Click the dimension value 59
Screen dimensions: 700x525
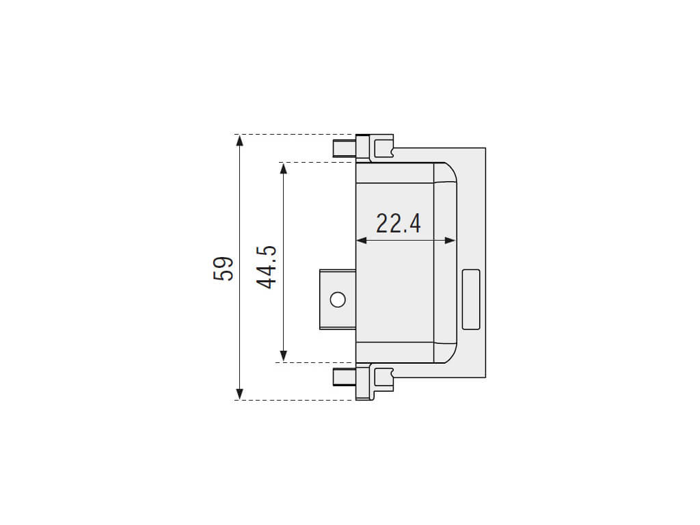click(224, 268)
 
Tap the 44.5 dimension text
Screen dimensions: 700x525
click(267, 267)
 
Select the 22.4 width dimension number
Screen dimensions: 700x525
click(399, 224)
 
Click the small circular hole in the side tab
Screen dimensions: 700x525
click(338, 299)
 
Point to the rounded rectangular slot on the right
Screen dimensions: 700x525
click(471, 299)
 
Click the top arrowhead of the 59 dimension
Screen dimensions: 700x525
click(240, 141)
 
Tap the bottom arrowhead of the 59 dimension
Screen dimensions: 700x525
click(240, 394)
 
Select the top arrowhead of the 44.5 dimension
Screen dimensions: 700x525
click(283, 169)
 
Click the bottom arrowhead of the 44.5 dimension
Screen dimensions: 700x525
click(283, 355)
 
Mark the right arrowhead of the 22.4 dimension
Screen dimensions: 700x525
click(450, 241)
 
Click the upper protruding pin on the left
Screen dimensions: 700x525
click(345, 148)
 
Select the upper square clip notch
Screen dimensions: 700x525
click(383, 148)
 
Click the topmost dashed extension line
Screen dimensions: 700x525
click(295, 135)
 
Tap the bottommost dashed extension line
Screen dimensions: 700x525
click(295, 400)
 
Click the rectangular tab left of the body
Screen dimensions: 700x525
click(338, 299)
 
